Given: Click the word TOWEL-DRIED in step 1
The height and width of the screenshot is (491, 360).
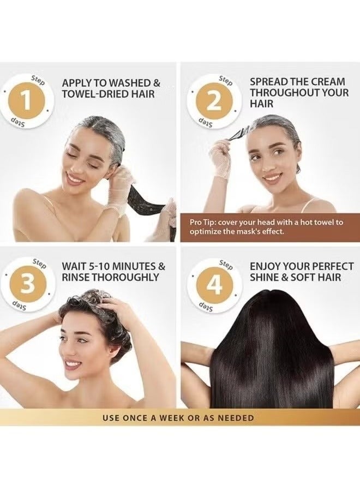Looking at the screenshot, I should (92, 94).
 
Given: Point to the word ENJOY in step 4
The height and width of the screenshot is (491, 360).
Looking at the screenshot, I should (266, 266).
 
